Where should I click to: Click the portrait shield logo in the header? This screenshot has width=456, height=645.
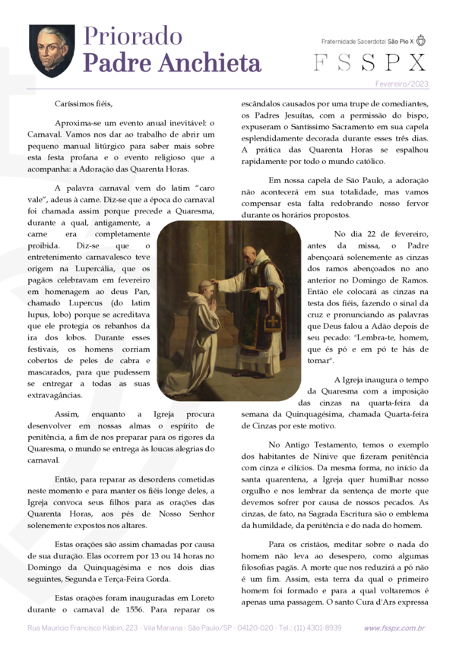coord(52,50)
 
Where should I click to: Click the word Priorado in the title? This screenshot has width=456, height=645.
coord(132,36)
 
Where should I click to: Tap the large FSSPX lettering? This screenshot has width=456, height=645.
coord(370,62)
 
